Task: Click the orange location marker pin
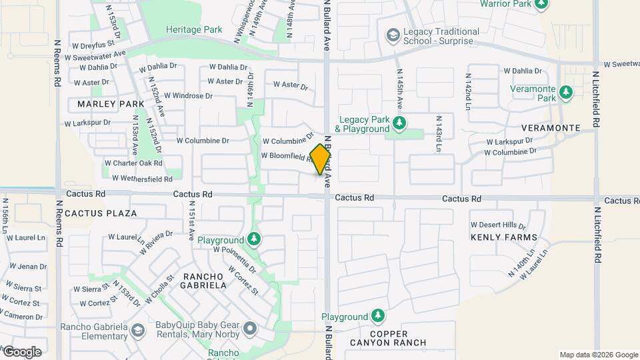(321, 159)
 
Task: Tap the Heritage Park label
(194, 30)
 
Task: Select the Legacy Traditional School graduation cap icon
(393, 34)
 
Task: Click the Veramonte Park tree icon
(566, 92)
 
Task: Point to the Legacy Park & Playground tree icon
(399, 123)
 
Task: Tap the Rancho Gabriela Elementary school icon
(137, 330)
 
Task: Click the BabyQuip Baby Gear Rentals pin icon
(250, 328)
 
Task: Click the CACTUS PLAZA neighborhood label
(101, 213)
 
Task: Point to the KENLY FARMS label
(503, 237)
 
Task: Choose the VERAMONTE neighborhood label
(551, 127)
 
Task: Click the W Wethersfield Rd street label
(142, 179)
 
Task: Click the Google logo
(22, 351)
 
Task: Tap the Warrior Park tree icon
(541, 4)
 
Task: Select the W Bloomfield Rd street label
(287, 156)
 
